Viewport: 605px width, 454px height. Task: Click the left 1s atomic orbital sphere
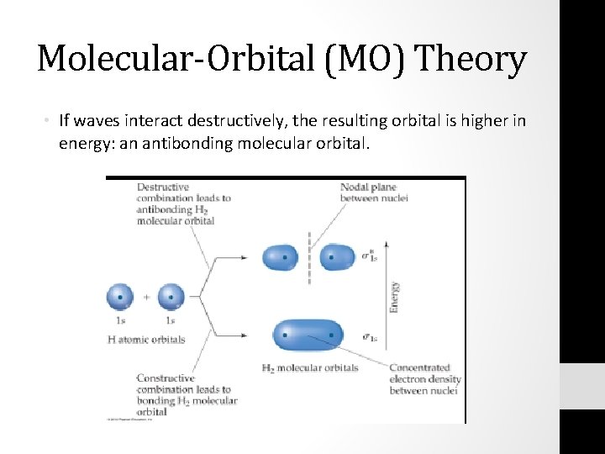(x=120, y=297)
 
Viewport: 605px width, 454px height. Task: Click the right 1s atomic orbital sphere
(x=171, y=297)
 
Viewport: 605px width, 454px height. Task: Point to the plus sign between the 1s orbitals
(x=145, y=297)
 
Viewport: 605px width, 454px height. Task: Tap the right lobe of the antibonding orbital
(x=337, y=257)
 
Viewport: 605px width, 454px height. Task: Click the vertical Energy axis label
(x=393, y=297)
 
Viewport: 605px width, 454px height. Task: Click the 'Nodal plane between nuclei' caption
(x=368, y=192)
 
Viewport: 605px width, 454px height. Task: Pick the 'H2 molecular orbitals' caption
(x=310, y=367)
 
